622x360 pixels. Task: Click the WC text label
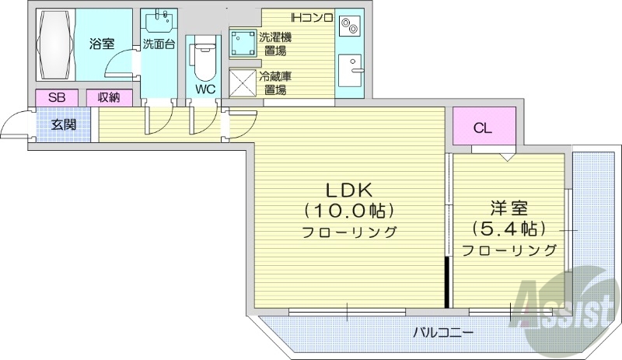coord(204,89)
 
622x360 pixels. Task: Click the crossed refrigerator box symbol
coord(243,82)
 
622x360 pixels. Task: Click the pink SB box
coord(57,98)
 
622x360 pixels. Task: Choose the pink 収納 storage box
coord(108,98)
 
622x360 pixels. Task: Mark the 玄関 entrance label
coord(63,124)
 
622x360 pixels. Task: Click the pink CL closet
coord(483,129)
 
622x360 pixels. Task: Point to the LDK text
coord(349,190)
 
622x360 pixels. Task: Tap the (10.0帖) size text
coord(349,210)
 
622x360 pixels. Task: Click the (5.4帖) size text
coord(509,229)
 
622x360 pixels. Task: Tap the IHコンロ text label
coord(312,17)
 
